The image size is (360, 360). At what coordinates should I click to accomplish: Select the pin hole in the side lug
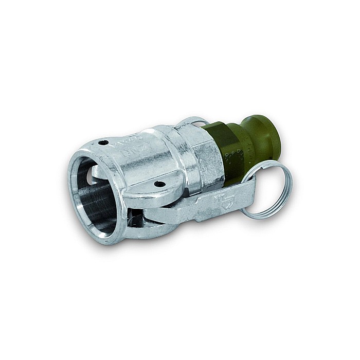coord(160,184)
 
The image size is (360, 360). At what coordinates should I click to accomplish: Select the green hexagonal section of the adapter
coord(226,149)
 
